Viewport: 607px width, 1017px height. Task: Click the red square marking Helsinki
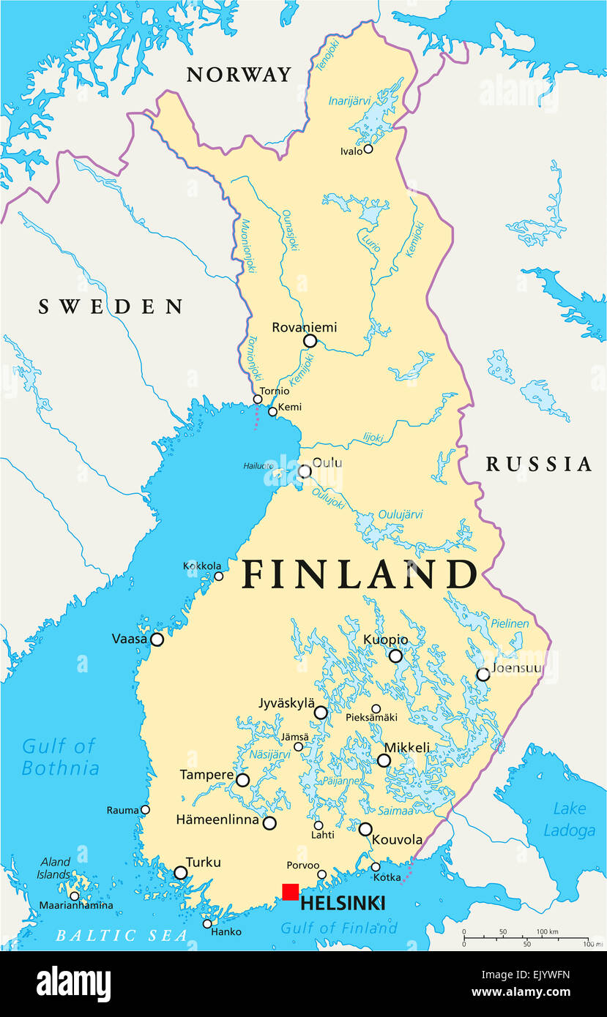coord(290,892)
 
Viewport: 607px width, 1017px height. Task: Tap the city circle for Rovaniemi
coord(310,341)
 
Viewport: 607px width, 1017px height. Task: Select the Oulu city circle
coord(305,471)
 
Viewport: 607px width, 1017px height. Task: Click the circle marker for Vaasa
coord(157,639)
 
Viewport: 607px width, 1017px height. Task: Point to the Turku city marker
coord(180,873)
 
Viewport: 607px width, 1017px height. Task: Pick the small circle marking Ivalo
coord(368,149)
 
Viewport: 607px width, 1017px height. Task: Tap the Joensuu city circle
coord(483,675)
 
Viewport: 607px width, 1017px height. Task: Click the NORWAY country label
coord(239,75)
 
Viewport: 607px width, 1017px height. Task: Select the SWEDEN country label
coord(111,307)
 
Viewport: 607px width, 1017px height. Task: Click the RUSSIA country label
coord(539,464)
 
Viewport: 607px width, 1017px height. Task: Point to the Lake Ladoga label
coord(569,819)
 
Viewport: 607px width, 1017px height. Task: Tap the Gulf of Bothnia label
coord(59,757)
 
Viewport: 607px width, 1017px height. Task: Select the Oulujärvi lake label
coord(400,514)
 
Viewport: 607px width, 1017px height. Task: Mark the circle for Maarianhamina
coord(74,896)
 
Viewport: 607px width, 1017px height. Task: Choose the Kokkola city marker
coord(218,577)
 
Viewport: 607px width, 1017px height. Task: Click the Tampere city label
coord(206,776)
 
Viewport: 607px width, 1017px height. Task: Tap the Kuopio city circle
coord(395,656)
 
